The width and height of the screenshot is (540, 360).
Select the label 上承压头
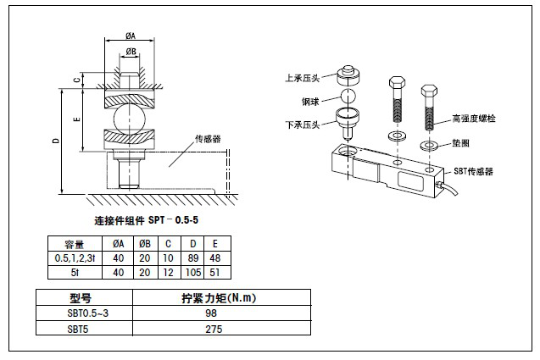click(302, 78)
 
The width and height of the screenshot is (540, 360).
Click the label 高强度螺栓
click(474, 119)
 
